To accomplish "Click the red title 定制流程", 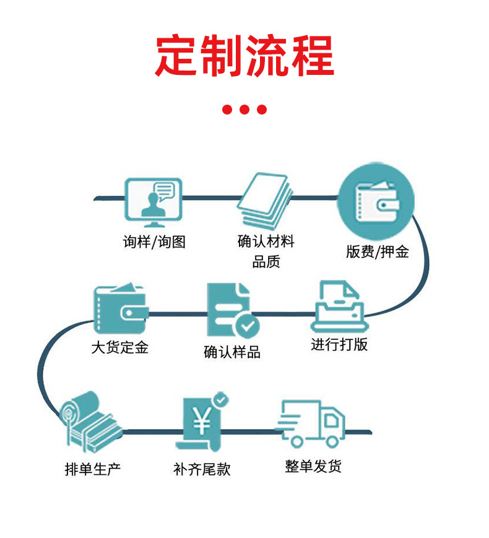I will click(244, 56).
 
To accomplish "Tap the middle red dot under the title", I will click(244, 110).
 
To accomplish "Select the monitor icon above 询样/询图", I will click(154, 199).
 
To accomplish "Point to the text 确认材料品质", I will click(266, 251).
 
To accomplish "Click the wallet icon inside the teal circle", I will click(375, 199).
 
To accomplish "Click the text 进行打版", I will click(339, 344).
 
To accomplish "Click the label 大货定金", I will click(120, 347).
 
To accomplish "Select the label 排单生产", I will click(93, 469).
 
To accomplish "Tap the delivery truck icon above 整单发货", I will click(311, 423).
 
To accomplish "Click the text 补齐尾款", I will click(202, 469).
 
